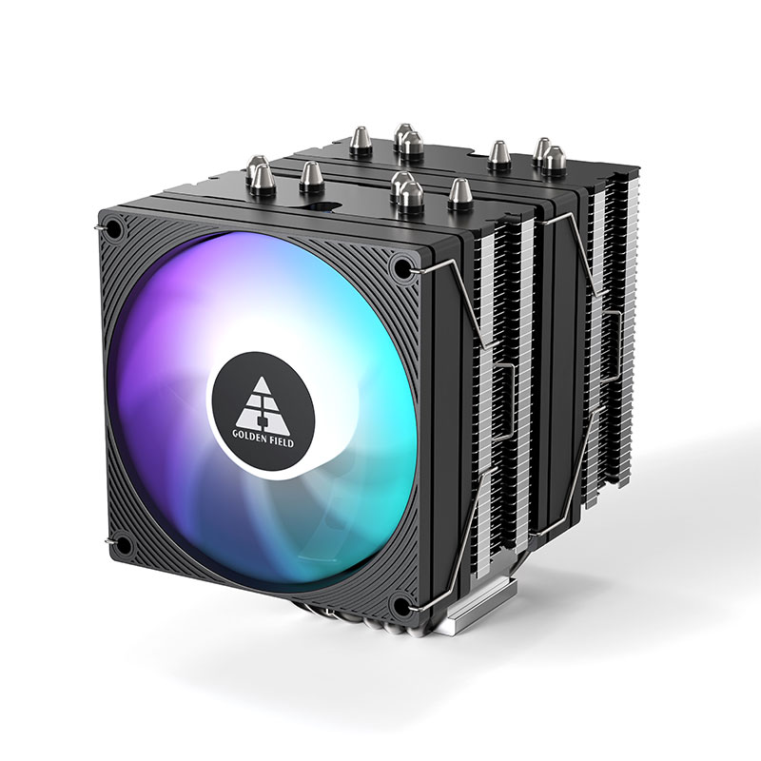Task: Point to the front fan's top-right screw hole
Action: [400, 265]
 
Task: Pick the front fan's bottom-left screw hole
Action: [125, 544]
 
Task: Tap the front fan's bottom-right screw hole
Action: [401, 605]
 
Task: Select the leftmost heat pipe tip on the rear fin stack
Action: [361, 142]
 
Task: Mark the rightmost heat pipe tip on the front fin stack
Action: [460, 194]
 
